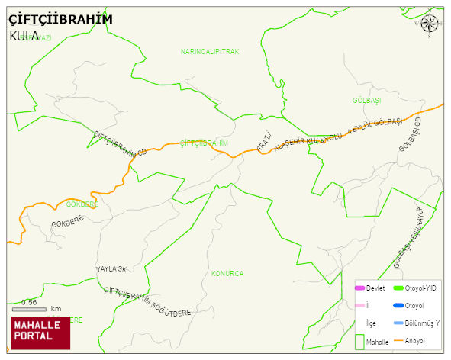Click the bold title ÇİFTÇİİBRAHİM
(60, 19)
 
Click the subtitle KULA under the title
(24, 36)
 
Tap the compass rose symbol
(430, 24)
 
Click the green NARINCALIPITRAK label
(210, 52)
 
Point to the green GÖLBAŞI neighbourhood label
(366, 101)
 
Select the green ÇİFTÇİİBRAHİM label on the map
(204, 143)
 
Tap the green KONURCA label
(227, 273)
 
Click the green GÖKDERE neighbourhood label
(82, 204)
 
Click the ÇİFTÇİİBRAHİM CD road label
(119, 143)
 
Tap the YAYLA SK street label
(111, 269)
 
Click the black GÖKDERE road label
(67, 223)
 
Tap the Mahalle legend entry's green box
(359, 342)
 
